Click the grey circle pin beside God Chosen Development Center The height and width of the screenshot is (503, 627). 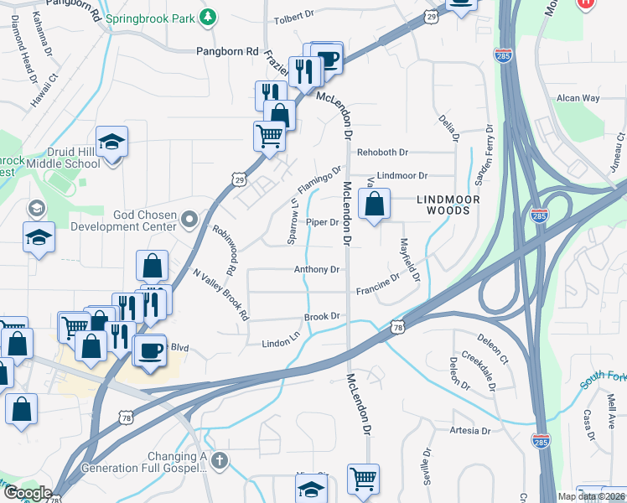190,219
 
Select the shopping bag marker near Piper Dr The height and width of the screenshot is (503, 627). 375,204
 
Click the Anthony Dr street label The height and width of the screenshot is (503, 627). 317,270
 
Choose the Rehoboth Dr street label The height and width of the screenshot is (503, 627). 382,153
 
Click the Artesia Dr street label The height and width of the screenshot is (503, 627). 469,431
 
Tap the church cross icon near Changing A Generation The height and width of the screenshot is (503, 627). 220,459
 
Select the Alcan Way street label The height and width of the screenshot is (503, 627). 579,98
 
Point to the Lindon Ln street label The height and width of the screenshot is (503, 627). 281,343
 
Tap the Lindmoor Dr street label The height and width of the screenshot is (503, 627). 402,176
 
